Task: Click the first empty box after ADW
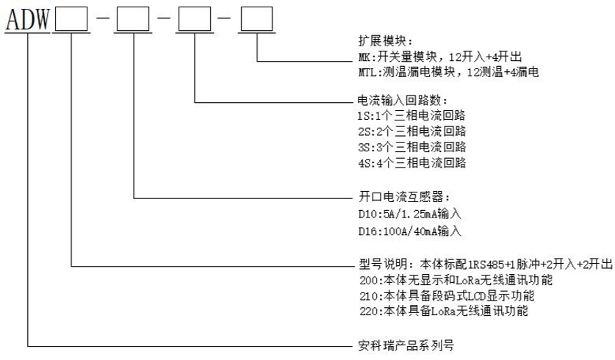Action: point(71,19)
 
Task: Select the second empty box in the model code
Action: point(133,19)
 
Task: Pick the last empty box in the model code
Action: point(256,19)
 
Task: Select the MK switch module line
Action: point(425,58)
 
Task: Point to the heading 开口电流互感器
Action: point(382,198)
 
